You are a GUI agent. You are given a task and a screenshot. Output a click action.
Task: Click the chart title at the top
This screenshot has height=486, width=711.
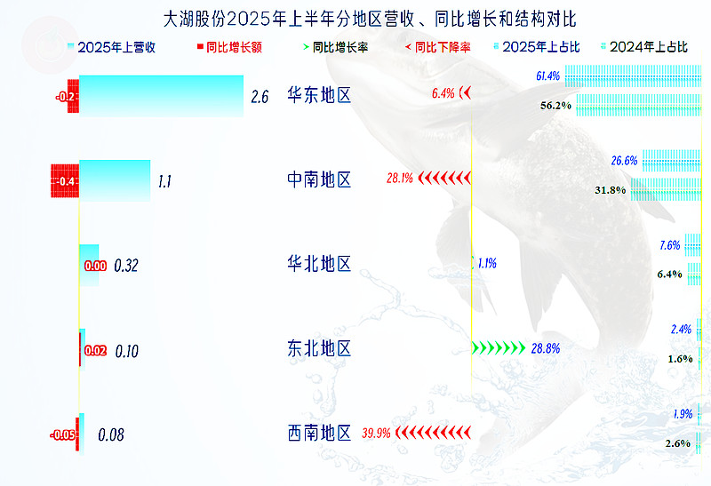coord(370,19)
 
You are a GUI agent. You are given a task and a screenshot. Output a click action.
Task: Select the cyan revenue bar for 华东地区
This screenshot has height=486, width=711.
coord(162,96)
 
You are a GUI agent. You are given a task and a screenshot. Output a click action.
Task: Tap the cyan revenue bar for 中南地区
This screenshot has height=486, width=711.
coord(115,180)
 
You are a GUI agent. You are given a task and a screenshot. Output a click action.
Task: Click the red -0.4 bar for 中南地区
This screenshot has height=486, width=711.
coord(65,181)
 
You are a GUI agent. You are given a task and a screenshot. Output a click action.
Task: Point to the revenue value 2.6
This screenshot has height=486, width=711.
coord(260,97)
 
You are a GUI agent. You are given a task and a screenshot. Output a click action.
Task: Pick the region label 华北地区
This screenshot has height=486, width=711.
coord(319,263)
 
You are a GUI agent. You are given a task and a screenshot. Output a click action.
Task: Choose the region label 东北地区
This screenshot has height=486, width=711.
coord(319,348)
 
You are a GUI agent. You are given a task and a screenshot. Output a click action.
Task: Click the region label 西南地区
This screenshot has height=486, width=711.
coord(319,433)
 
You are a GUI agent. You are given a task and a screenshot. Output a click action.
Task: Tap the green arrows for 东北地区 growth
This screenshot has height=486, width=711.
coord(499,348)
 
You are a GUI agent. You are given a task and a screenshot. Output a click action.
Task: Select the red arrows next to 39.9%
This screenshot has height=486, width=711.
coord(433,433)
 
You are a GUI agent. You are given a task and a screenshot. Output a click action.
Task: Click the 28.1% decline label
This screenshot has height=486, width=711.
coord(399,179)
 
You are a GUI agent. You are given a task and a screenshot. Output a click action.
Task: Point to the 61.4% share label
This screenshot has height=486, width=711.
coord(547,76)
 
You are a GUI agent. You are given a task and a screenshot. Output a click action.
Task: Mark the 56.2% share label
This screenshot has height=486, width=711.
coord(555,106)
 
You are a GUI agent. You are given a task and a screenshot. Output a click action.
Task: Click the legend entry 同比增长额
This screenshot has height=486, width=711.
coord(229,47)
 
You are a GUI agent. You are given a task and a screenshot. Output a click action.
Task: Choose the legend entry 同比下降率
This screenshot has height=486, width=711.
coord(438,47)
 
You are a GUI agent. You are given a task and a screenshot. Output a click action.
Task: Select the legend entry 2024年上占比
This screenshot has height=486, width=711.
coord(644,47)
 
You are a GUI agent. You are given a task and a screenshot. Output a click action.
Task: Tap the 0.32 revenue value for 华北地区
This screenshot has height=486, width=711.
coord(126,266)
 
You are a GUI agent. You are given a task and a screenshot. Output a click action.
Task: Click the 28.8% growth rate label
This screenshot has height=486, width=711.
coord(546,348)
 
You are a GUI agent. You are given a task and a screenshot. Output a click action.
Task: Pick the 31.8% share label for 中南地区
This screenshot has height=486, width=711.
coord(610,190)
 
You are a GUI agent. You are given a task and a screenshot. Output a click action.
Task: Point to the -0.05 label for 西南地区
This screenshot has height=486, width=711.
coord(62,435)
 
